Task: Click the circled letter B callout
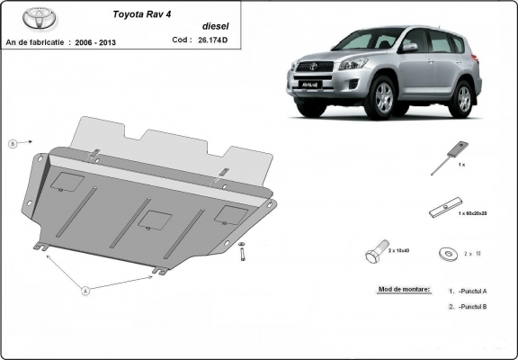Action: pos(13,143)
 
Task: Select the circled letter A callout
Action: pos(85,291)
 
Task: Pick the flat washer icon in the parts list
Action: pos(446,254)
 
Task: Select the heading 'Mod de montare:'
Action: pos(399,291)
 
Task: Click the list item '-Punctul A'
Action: pos(471,291)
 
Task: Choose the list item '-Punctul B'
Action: pos(471,308)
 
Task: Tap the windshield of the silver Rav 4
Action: pos(373,39)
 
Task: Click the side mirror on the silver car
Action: pos(410,47)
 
